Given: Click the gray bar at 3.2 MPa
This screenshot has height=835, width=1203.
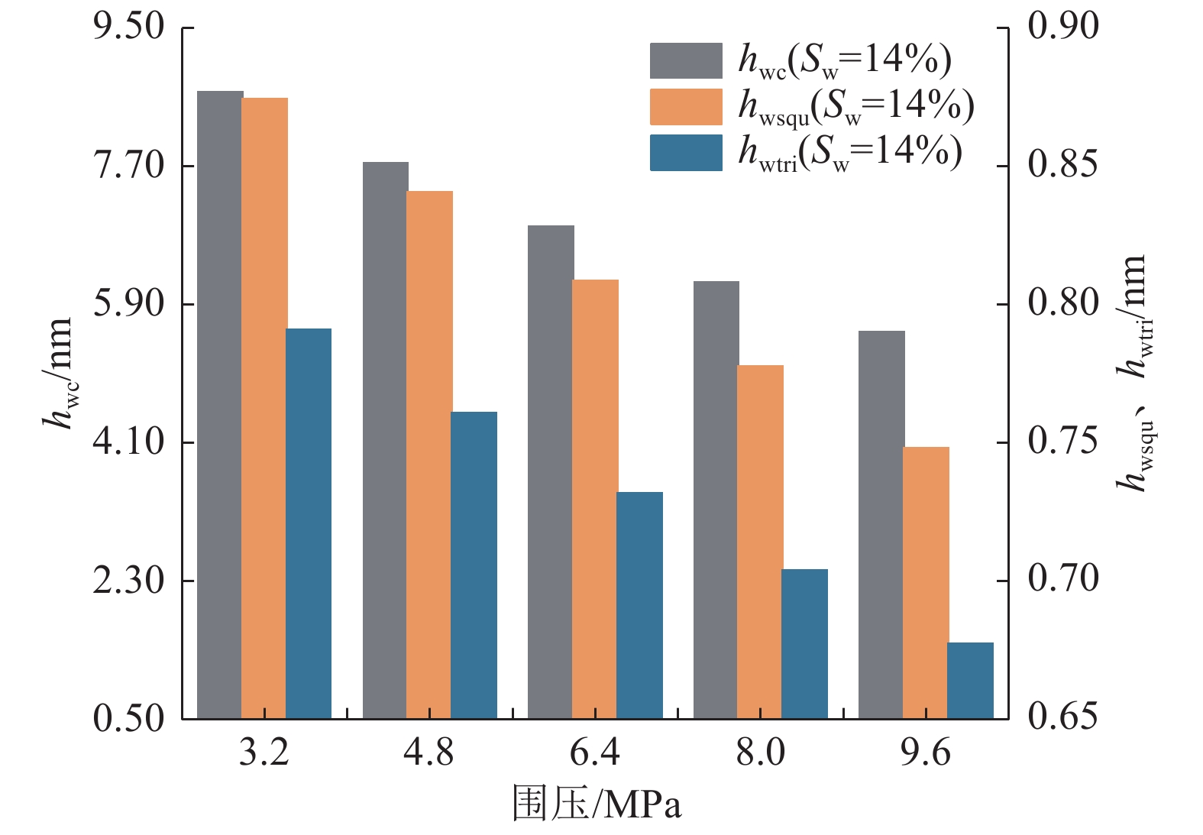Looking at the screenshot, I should (220, 405).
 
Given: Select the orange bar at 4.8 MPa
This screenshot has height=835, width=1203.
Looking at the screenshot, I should (429, 455).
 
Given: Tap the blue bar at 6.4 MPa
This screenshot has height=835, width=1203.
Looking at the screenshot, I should (639, 605).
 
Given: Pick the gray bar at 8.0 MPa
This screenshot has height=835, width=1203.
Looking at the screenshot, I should (716, 500).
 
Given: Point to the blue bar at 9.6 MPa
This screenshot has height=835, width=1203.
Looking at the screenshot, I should (970, 680).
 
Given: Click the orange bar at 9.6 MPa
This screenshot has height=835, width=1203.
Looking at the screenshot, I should (926, 582).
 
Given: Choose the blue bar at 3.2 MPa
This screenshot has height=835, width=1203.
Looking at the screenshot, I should (309, 523).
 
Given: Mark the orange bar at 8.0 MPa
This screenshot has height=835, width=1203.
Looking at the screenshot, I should (760, 542).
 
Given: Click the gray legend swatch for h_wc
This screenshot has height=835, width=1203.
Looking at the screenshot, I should (686, 61).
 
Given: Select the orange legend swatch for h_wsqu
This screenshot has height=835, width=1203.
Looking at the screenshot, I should (686, 107).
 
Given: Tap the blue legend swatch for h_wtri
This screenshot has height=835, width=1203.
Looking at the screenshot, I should (686, 153).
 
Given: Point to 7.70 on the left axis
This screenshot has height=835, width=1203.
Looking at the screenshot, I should (129, 165).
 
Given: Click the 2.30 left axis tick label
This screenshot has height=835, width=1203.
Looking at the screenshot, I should (129, 580).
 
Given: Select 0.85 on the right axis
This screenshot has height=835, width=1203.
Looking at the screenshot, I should (1062, 165).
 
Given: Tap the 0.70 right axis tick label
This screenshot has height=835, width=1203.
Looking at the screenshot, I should (1062, 578).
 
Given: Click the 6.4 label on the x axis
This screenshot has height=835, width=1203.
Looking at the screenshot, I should (595, 753).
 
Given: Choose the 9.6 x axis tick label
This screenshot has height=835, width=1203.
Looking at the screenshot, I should (926, 753).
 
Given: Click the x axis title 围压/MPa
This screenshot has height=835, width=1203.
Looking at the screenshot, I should (597, 804).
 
